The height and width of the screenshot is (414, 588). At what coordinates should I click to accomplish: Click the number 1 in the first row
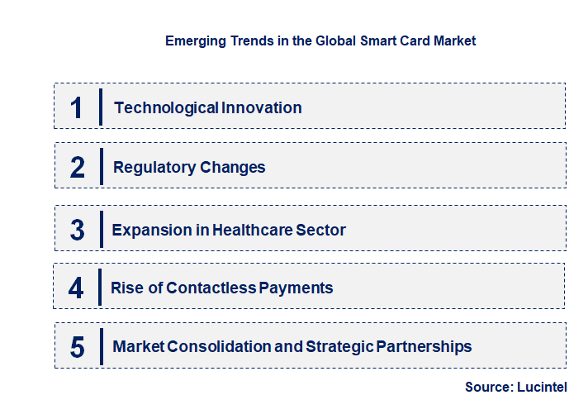[76, 107]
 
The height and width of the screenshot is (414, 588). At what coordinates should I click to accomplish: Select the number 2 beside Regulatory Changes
[77, 168]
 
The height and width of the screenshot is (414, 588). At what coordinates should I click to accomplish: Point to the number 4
[76, 288]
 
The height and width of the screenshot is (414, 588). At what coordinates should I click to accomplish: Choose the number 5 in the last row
[77, 347]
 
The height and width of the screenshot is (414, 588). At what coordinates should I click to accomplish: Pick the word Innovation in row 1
[261, 107]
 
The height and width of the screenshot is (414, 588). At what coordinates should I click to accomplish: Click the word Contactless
[211, 288]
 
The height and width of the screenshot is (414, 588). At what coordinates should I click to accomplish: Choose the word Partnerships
[424, 346]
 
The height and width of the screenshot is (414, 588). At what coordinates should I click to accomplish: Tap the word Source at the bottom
[487, 387]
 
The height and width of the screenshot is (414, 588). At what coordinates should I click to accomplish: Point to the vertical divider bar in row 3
[100, 229]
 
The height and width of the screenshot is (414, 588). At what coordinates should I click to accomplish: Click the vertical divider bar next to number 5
[100, 345]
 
